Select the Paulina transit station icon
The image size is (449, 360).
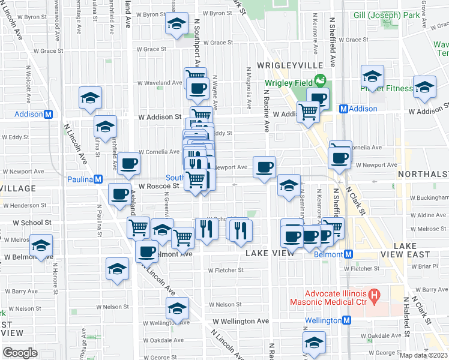tap(97, 179)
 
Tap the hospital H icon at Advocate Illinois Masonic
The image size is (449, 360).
tap(374, 295)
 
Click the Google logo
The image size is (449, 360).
tap(20, 353)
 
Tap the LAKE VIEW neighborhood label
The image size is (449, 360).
tap(270, 253)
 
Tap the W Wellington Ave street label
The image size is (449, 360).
tap(244, 321)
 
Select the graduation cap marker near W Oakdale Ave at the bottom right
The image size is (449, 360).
tap(313, 343)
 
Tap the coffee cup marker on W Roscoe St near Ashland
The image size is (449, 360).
tap(119, 194)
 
